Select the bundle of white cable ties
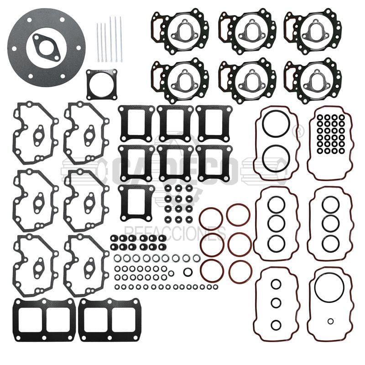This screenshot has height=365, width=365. pyautogui.click(x=109, y=39)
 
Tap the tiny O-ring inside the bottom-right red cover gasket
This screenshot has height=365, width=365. pyautogui.click(x=330, y=321)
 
